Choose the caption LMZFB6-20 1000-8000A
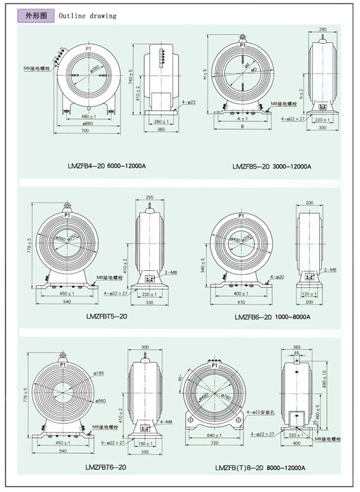tap(272, 317)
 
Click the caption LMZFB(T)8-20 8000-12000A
tap(260, 467)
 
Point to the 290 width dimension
tap(322, 31)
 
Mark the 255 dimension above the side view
tap(150, 197)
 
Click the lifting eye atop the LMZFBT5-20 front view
tap(67, 205)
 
